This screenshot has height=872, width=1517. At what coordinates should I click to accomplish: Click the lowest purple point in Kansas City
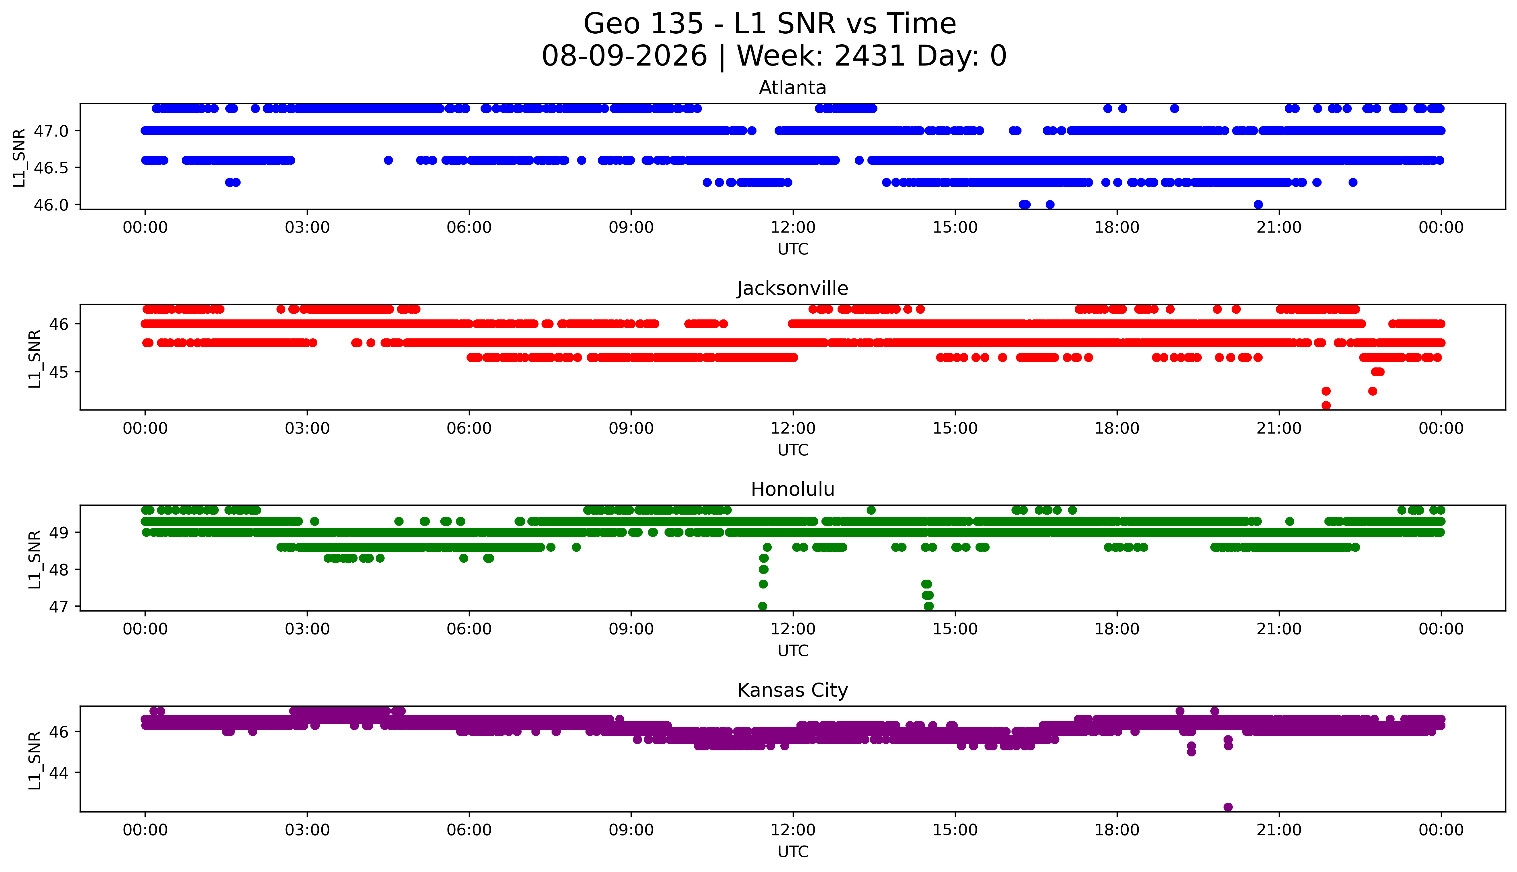1228,807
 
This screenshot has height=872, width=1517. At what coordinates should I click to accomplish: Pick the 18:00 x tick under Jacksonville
1117,428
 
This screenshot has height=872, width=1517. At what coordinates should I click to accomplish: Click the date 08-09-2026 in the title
624,56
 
